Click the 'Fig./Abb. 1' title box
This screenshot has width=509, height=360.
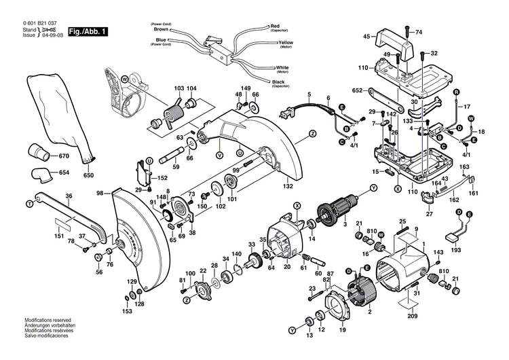pyautogui.click(x=88, y=31)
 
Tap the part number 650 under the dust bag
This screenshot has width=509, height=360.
pyautogui.click(x=88, y=176)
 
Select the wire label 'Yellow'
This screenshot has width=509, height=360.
pyautogui.click(x=286, y=43)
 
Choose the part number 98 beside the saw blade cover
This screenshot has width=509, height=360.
pyautogui.click(x=100, y=194)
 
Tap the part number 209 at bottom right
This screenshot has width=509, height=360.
pyautogui.click(x=413, y=316)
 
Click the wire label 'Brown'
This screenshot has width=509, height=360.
pyautogui.click(x=162, y=29)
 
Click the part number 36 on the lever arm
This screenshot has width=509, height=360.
pyautogui.click(x=69, y=196)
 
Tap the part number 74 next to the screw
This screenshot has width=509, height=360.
pyautogui.click(x=418, y=32)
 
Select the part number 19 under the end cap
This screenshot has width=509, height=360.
pyautogui.click(x=343, y=330)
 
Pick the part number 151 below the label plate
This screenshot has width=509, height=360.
pyautogui.click(x=61, y=238)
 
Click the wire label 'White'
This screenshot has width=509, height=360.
pyautogui.click(x=282, y=68)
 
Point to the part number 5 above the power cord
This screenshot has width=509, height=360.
pyautogui.click(x=309, y=94)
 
